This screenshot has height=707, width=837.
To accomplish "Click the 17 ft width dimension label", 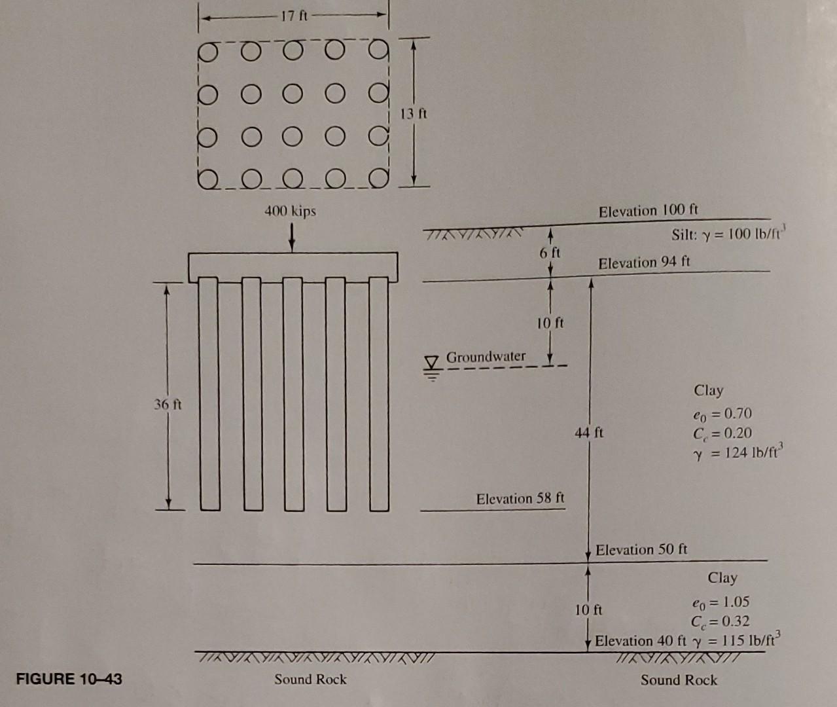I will pos(294,16).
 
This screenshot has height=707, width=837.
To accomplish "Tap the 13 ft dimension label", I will pos(414,113).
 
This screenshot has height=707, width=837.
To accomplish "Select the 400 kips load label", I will pos(290,211).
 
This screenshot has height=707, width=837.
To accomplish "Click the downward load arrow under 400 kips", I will pos(291,236).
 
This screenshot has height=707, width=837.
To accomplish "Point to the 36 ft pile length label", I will pos(168,405).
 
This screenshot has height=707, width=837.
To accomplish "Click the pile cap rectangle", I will pos(293,266).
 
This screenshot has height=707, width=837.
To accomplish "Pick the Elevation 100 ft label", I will pos(648,211).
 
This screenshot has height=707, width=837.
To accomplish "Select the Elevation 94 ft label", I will pos(644,263).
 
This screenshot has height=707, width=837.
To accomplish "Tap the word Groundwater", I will pos(486,357).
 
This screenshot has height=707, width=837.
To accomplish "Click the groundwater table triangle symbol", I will pos(431,361).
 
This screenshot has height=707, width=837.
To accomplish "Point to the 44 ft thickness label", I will pos(589,433).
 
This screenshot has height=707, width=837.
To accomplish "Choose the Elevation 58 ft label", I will pos(520,499).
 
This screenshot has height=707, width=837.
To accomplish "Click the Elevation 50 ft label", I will pos(641,550).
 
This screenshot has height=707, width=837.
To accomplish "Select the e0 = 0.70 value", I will pos(722,414).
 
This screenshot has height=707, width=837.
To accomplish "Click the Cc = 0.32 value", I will pos(720,621).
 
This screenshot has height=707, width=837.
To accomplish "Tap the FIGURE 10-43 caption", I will pos(69,678).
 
